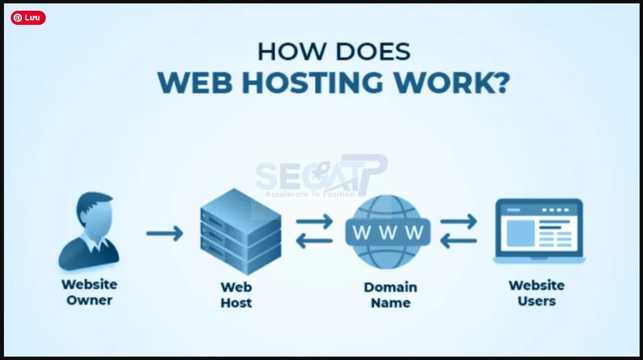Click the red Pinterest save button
[28, 18]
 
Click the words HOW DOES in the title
[333, 52]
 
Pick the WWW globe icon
[388, 231]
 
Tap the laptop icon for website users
[539, 231]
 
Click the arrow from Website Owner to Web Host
[164, 233]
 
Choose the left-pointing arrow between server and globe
[315, 242]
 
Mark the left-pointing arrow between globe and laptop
[458, 242]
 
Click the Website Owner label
[89, 292]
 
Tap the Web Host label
[236, 295]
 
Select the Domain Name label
[390, 295]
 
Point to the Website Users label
[536, 293]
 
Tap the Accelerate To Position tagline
[310, 194]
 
